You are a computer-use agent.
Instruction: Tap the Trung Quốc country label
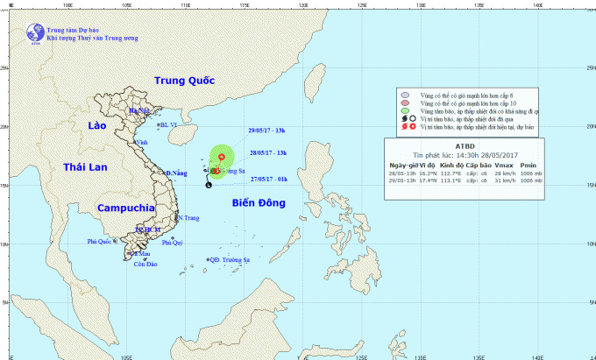click(185, 81)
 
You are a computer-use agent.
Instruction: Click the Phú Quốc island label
click(101, 241)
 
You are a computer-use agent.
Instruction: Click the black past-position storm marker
click(208, 185)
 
